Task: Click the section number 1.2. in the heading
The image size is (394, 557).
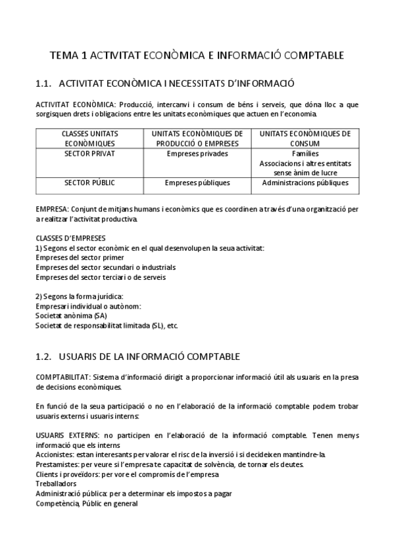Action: coord(43,357)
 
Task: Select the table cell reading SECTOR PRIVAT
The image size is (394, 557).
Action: coord(89,154)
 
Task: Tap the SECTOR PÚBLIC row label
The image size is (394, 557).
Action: coord(89,183)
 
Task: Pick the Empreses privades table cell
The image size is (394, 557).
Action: coord(197,154)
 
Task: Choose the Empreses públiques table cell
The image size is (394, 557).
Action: coord(197,183)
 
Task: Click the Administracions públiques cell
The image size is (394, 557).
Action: coord(305,183)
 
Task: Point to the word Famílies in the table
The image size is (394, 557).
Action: coord(305,154)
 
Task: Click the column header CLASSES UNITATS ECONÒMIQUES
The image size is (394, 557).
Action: coord(89,138)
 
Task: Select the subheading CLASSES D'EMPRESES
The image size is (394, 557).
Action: coord(70,238)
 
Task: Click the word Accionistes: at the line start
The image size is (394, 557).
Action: coord(55,455)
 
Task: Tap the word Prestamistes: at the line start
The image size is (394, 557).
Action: coord(57,464)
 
